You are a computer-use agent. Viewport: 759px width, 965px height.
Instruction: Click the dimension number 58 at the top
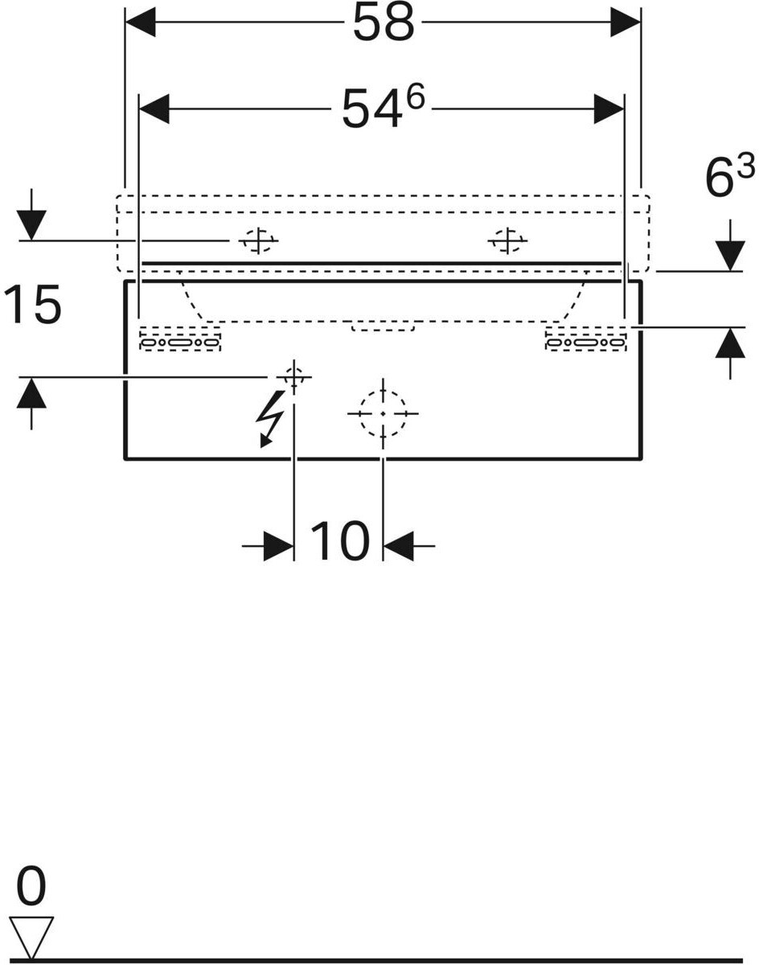(x=384, y=24)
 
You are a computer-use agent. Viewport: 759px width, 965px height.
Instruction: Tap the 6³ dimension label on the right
(x=729, y=176)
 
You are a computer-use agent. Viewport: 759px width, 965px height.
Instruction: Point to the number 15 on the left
(x=33, y=305)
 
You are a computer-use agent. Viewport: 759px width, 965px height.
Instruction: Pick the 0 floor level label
(x=31, y=888)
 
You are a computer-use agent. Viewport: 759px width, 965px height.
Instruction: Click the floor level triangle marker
(x=31, y=936)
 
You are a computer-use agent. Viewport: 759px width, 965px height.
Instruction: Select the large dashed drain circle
(x=383, y=413)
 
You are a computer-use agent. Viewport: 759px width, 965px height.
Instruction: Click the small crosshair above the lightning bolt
(x=294, y=376)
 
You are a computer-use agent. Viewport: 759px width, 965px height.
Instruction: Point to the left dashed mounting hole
(x=258, y=240)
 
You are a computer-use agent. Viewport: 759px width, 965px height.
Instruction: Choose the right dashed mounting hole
(x=508, y=240)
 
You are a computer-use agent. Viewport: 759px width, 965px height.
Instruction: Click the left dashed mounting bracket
(x=180, y=339)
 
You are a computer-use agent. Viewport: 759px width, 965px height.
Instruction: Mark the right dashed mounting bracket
(x=586, y=339)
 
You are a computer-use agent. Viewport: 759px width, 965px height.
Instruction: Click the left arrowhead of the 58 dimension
(x=141, y=23)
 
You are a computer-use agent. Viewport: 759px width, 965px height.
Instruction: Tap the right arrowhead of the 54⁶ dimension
(x=609, y=109)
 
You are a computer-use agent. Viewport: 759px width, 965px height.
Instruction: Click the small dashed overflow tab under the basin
(x=383, y=326)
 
